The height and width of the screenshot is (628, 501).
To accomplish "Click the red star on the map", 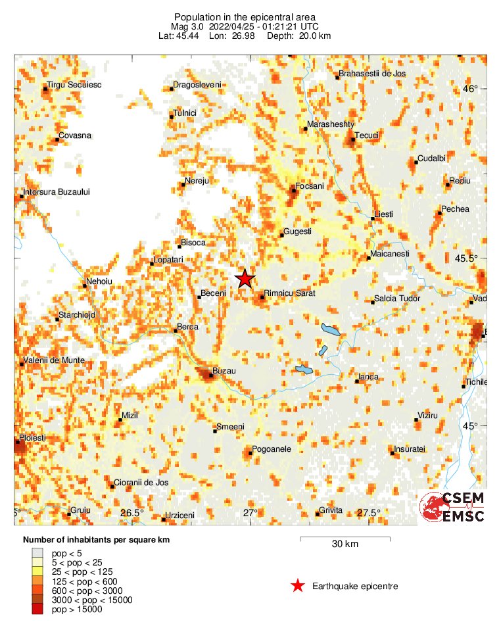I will click(x=245, y=278).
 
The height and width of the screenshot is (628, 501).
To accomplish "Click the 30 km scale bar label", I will click(x=345, y=544).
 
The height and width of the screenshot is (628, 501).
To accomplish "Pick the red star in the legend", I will click(x=298, y=586).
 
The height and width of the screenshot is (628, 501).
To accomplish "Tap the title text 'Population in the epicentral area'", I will click(x=245, y=16).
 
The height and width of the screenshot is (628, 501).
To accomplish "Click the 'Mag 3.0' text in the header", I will click(x=187, y=26).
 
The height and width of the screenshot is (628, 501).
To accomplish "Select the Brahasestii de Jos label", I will click(x=373, y=74).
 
